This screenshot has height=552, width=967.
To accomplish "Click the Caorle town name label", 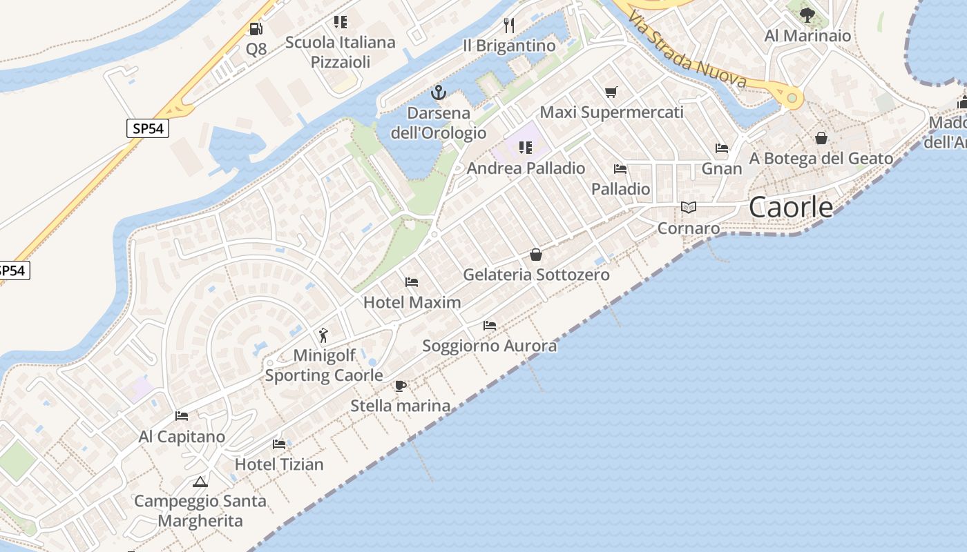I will tap(791, 206).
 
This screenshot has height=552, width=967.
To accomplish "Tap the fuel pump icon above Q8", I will tap(256, 29).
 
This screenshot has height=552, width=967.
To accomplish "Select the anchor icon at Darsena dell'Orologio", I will tap(439, 92).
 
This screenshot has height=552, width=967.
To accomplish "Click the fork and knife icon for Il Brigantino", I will tap(509, 26).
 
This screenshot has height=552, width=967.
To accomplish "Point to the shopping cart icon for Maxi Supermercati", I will tap(611, 92).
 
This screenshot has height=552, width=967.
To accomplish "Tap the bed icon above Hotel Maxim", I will tap(412, 282).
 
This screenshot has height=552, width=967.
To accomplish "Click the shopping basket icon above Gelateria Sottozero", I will tap(536, 255).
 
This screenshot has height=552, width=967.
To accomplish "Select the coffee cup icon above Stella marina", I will tap(400, 386).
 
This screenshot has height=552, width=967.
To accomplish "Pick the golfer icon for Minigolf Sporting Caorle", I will tap(324, 335).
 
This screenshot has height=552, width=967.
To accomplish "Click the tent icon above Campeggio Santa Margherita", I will tap(200, 481).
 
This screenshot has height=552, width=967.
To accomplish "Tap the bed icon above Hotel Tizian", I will tap(279, 444).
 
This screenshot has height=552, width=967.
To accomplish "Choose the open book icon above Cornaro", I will tap(689, 207).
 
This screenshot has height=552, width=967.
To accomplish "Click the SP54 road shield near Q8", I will tap(148, 128).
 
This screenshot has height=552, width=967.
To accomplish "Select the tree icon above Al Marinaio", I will tap(807, 14).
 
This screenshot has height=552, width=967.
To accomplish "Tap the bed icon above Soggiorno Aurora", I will tap(490, 325).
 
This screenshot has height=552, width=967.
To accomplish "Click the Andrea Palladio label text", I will tap(526, 168).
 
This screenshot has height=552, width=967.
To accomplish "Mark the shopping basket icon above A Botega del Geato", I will tap(821, 138).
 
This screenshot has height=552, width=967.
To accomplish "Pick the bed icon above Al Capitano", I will tap(182, 416).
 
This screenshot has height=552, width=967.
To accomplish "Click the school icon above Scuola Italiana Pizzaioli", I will tap(340, 22).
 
